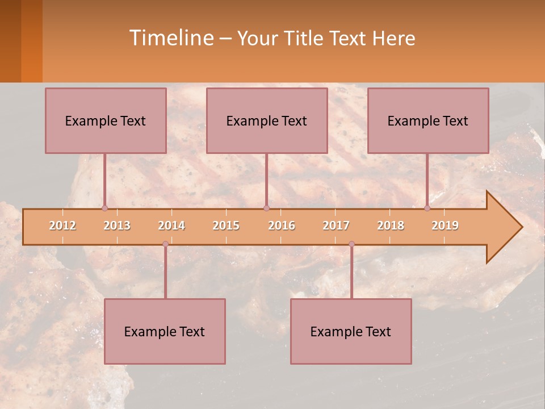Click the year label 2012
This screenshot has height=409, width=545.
coord(62,226)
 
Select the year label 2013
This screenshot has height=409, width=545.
coord(117,226)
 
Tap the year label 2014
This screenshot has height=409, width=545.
coord(171,226)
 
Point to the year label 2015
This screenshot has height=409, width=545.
coord(226,226)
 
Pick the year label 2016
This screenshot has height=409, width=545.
coord(282,226)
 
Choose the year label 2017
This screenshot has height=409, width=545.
coord(336,226)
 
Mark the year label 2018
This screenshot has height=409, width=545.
coord(391,226)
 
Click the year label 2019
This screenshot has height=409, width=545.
coord(445,226)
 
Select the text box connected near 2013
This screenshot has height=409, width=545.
coord(106,120)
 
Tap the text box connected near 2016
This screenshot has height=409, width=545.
coord(267,120)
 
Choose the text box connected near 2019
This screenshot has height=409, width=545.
coord(428,120)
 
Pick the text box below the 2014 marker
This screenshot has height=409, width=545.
coord(165,331)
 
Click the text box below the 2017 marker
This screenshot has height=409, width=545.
coord(351,331)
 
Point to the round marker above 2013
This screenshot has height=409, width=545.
coord(104,208)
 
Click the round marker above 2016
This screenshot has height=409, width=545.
coord(266,208)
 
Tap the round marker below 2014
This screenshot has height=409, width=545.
coord(165,244)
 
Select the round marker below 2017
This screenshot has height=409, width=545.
coord(351,244)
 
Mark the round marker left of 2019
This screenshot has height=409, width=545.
coord(427,208)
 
